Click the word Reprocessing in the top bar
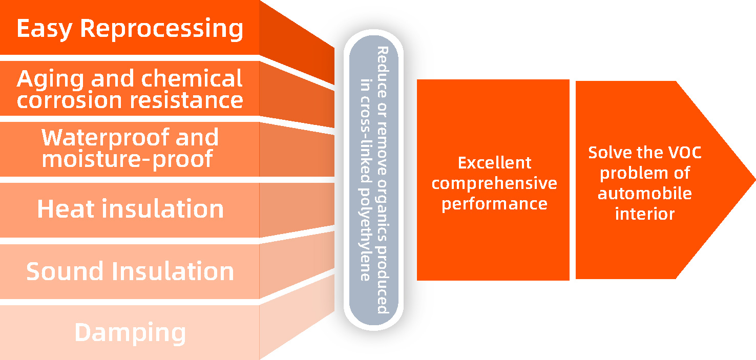click(162, 29)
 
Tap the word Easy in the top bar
click(44, 29)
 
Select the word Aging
click(50, 79)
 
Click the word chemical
click(192, 78)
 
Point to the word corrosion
click(69, 100)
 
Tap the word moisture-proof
click(127, 160)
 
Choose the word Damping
click(130, 333)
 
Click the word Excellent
click(495, 163)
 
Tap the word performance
click(494, 204)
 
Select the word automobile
click(645, 194)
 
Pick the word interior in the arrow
click(645, 214)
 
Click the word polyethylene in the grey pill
click(365, 234)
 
